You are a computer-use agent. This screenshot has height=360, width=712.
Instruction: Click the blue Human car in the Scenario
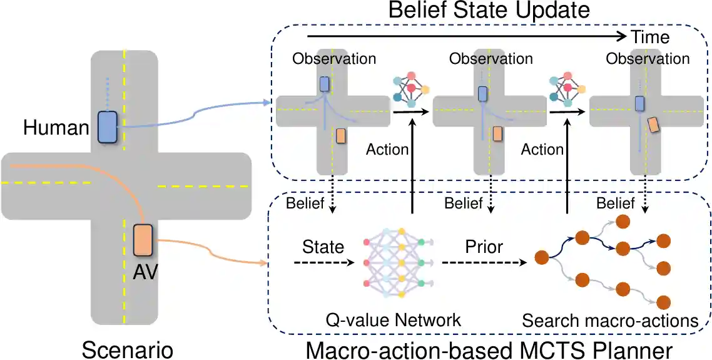(x=107, y=127)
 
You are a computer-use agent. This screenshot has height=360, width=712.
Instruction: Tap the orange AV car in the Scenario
(x=143, y=240)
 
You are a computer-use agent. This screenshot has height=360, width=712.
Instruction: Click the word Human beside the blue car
(x=56, y=128)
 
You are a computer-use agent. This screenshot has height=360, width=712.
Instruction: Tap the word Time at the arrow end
(x=650, y=37)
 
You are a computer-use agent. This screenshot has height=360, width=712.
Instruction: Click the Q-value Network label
(x=394, y=321)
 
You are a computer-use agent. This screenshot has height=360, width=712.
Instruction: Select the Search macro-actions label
(x=610, y=321)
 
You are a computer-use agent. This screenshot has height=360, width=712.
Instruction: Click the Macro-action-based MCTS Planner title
(x=489, y=347)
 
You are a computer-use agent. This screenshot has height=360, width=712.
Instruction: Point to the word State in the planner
(x=323, y=247)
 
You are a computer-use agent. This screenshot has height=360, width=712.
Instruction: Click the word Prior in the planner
(x=483, y=247)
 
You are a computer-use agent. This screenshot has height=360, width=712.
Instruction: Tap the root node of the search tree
(x=542, y=257)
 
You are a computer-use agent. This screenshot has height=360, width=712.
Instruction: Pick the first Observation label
(x=334, y=59)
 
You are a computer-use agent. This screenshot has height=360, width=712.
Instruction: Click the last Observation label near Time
(x=648, y=59)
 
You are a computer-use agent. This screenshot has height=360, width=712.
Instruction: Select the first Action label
(x=387, y=150)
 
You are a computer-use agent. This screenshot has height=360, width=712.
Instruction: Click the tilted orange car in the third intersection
(x=653, y=125)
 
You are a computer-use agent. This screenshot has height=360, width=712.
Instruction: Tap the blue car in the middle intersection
(x=482, y=94)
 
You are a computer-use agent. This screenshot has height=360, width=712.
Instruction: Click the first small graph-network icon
(x=410, y=90)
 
